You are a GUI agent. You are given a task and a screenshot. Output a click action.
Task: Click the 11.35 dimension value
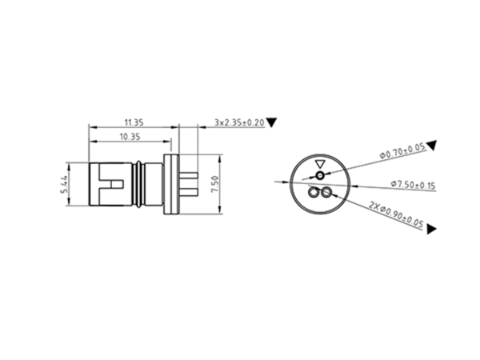pos(134,122)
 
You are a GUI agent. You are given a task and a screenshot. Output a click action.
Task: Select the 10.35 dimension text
pos(129,138)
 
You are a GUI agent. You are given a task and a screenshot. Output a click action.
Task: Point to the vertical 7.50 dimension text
pos(214,185)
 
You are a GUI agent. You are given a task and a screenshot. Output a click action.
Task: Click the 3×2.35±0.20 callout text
pos(239,122)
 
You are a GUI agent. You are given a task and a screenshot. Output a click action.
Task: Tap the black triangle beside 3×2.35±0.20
pos(272,122)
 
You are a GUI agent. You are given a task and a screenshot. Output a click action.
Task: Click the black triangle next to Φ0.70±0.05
pos(431,145)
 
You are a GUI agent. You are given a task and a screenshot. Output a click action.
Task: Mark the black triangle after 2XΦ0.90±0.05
pos(432,230)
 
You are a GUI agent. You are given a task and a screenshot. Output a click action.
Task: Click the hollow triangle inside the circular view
pos(321,162)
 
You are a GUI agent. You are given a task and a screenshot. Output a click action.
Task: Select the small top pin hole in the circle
pos(321,174)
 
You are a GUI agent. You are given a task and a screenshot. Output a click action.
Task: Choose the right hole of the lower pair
pos(326,193)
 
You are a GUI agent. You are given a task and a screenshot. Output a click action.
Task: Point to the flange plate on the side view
pos(170,186)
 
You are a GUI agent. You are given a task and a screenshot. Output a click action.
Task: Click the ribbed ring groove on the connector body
pos(141,186)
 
